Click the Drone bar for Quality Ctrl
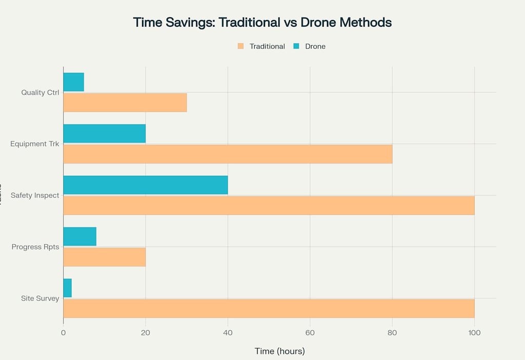(x=73, y=82)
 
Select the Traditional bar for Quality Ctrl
(x=125, y=103)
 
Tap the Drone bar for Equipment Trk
(x=104, y=134)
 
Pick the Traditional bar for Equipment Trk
(x=228, y=154)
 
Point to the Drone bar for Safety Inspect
(x=145, y=185)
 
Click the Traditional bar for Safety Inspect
(x=269, y=205)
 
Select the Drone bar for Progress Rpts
(x=79, y=236)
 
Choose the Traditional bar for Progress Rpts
(x=104, y=257)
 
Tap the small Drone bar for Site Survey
(x=67, y=288)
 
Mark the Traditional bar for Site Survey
(x=269, y=308)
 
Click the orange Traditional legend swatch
(x=240, y=46)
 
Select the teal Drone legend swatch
(x=296, y=46)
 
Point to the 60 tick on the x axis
(x=310, y=333)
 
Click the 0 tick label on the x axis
(x=63, y=333)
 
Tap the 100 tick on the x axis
(x=474, y=333)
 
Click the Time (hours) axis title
(x=279, y=351)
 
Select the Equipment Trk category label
(x=35, y=144)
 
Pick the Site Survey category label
(x=40, y=298)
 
